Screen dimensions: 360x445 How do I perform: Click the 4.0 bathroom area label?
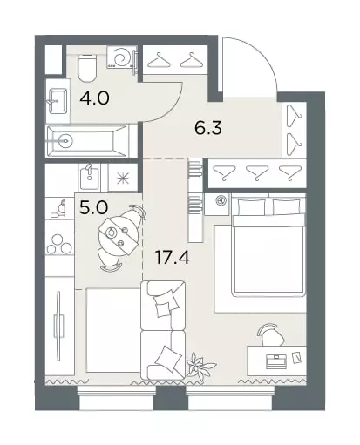(x=94, y=98)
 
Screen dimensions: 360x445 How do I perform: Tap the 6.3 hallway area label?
(x=208, y=128)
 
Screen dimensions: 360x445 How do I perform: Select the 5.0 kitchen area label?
(x=93, y=207)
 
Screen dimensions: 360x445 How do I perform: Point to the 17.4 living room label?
(x=173, y=257)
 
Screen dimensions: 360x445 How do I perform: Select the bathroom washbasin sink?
(x=58, y=101)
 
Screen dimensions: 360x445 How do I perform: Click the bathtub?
(x=87, y=141)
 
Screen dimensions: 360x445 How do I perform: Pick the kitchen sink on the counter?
(x=89, y=177)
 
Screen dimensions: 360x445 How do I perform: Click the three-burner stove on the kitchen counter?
(x=59, y=244)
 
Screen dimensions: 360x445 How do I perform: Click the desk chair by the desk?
(x=271, y=334)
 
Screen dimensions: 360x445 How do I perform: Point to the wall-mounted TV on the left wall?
(x=59, y=326)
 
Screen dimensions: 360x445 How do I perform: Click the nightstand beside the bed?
(x=218, y=205)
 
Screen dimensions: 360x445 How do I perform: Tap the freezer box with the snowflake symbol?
(x=123, y=178)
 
